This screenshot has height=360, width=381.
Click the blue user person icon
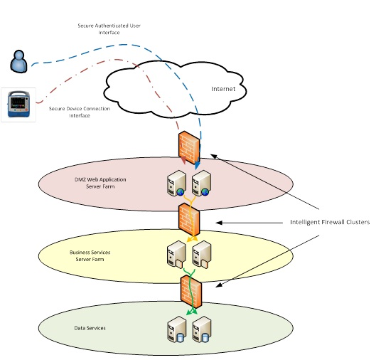18,61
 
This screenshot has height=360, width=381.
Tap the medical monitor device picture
18,105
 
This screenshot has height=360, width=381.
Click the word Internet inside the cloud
223,89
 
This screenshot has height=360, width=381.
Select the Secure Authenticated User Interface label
109,29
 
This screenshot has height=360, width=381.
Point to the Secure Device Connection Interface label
80,112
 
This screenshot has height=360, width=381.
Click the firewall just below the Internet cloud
189,147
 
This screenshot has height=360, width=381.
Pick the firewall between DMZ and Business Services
189,219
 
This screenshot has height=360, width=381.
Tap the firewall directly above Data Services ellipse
191,292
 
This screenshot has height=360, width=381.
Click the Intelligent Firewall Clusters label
330,222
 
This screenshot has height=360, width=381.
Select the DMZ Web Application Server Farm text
100,183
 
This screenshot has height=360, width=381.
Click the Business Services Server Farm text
90,255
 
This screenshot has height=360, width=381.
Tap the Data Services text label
90,328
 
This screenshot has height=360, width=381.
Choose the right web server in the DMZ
201,183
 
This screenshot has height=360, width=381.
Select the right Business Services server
202,255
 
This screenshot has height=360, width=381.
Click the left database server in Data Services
177,329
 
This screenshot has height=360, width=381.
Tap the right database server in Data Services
202,329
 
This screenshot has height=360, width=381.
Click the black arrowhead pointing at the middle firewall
219,223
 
